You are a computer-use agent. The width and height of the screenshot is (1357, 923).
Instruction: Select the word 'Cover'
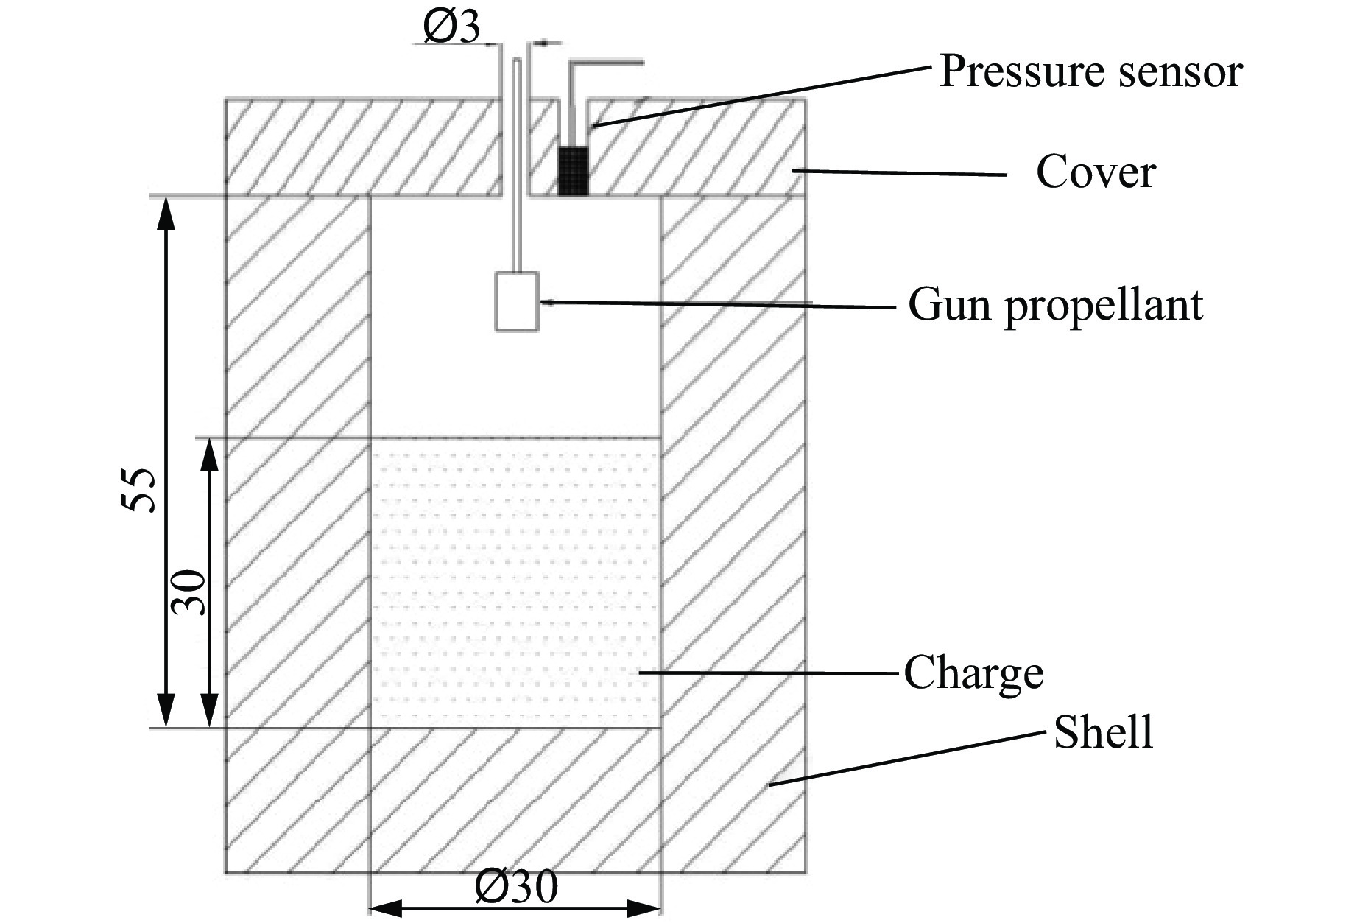point(1096,173)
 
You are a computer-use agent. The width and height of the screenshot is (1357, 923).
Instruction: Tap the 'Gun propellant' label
point(1055,304)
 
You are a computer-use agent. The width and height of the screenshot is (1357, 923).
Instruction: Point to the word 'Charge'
point(973,673)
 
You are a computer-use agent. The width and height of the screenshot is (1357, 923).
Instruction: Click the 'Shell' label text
point(1103,733)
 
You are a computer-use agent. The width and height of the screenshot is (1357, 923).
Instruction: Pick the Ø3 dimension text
point(451,27)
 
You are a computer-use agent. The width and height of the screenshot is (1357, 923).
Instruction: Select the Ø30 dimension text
point(516,888)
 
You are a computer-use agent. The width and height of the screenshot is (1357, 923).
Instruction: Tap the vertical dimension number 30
point(188,592)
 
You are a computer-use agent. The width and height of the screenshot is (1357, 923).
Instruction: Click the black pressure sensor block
point(573,171)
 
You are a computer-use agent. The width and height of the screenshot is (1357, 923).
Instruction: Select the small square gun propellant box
point(517,301)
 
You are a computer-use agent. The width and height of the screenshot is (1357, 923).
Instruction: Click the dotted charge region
point(515,582)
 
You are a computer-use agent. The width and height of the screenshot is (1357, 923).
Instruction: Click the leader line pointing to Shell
point(906,759)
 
